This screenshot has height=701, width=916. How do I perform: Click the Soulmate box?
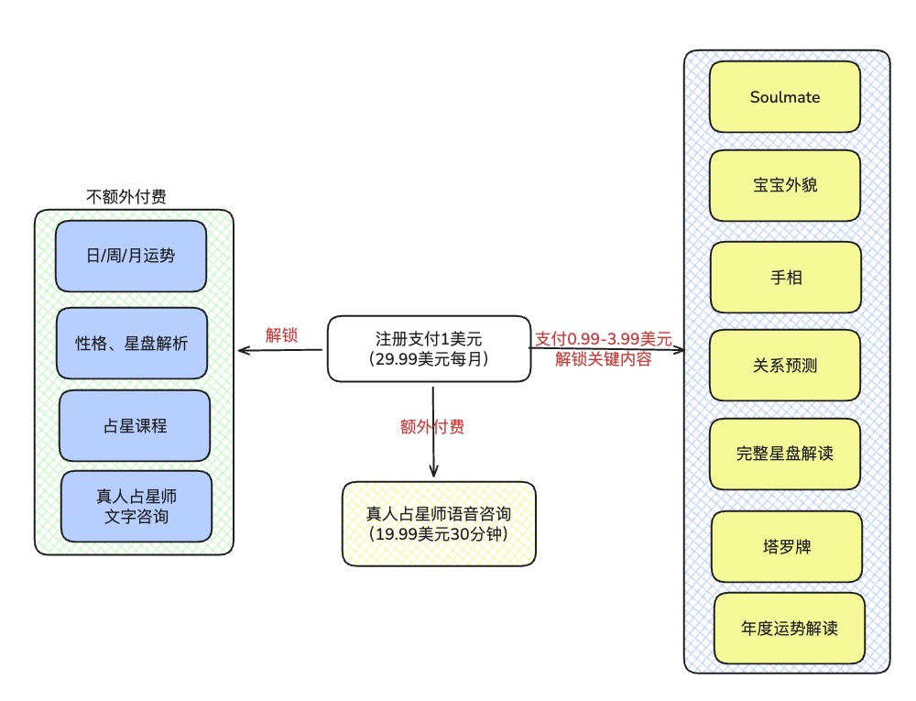(785, 97)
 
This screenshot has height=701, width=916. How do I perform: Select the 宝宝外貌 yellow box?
(785, 186)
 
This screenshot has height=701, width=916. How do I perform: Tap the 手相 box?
(785, 277)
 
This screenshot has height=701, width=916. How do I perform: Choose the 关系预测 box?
(785, 366)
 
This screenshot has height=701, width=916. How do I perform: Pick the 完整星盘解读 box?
(785, 454)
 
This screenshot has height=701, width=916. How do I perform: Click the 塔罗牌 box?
(787, 547)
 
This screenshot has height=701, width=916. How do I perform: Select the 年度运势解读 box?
(789, 629)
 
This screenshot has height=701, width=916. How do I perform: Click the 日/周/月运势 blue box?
(131, 256)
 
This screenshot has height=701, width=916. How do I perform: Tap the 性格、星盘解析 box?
(132, 344)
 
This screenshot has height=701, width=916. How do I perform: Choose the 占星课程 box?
(135, 426)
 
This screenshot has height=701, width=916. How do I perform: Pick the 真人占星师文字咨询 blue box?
(136, 506)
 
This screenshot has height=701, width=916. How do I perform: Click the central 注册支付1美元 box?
(429, 348)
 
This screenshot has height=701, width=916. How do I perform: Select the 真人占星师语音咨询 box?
(438, 523)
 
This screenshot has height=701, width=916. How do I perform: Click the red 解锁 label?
(281, 334)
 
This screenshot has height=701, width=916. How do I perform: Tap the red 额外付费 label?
(432, 427)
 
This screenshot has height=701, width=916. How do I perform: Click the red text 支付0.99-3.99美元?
(604, 339)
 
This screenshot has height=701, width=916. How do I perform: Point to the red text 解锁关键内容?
(604, 359)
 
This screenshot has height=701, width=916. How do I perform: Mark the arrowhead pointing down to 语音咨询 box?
(433, 472)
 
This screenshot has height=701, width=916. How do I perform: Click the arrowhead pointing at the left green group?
(243, 349)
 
